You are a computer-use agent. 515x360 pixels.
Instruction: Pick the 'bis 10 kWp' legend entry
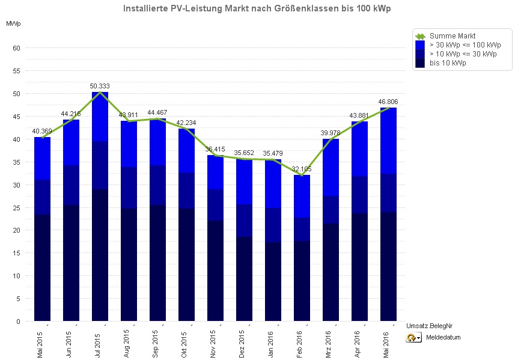click(x=447, y=63)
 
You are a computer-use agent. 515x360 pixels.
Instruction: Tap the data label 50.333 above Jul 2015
click(x=100, y=86)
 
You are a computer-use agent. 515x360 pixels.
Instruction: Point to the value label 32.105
click(x=302, y=169)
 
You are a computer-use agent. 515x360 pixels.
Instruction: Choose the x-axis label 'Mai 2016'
click(x=388, y=341)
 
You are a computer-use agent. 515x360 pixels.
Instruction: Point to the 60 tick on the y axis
click(x=17, y=48)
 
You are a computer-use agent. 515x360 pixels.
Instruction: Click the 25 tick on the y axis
click(x=17, y=208)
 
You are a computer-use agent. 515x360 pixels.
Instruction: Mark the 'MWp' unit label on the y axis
click(x=13, y=24)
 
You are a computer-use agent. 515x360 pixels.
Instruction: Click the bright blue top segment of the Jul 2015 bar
click(x=100, y=117)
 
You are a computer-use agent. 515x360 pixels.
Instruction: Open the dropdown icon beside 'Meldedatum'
click(x=414, y=338)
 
